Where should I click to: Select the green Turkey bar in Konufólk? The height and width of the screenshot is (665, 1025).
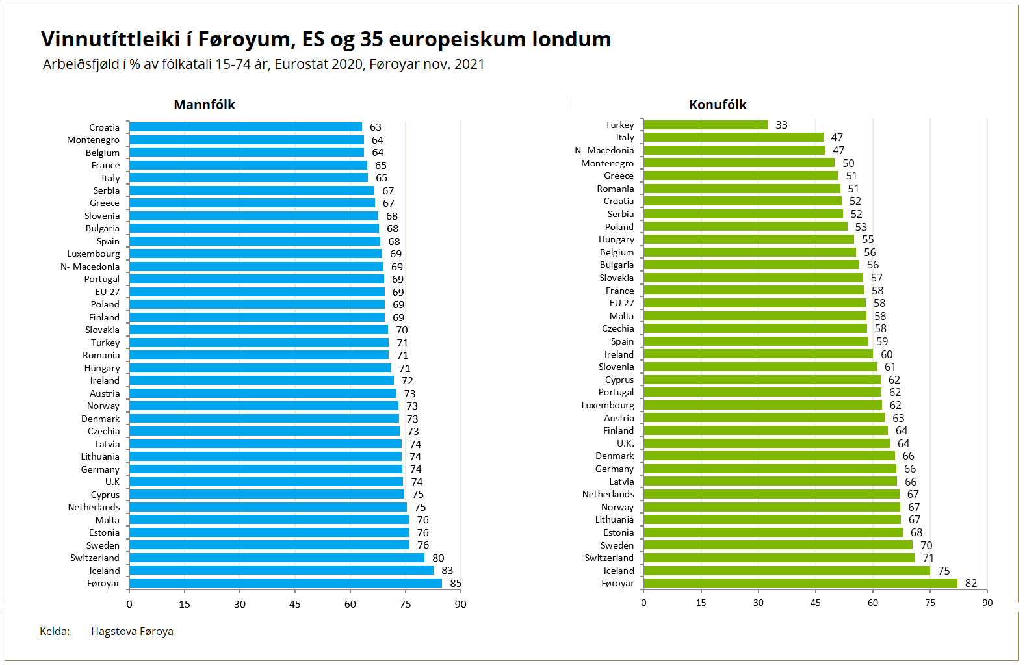coord(705,125)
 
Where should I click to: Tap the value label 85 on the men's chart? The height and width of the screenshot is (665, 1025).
coord(456,583)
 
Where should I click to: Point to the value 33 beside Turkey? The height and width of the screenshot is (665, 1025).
coord(781,125)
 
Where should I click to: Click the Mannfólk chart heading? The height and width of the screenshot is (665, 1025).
coord(204,105)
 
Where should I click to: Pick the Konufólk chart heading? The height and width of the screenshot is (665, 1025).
coord(718,105)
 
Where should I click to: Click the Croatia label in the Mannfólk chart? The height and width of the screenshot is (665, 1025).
coord(105,127)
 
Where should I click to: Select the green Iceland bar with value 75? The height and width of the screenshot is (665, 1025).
coord(786,571)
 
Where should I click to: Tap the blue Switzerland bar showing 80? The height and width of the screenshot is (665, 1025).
coord(276,558)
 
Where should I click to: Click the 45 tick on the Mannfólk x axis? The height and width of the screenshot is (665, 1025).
coord(295,604)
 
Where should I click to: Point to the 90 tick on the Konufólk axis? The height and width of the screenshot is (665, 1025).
coord(987,603)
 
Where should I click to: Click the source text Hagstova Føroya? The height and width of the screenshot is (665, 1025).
coord(132,631)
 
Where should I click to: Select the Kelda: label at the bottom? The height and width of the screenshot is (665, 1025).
coord(55,631)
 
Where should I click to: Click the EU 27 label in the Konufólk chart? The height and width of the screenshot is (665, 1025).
coord(621,303)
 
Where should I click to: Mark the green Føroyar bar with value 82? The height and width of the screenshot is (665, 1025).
coord(800,583)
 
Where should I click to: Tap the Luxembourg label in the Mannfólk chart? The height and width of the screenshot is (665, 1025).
coord(94,254)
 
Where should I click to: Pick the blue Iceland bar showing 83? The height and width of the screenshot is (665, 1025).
coord(281,570)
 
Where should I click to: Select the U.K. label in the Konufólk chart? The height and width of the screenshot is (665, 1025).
coord(625,443)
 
